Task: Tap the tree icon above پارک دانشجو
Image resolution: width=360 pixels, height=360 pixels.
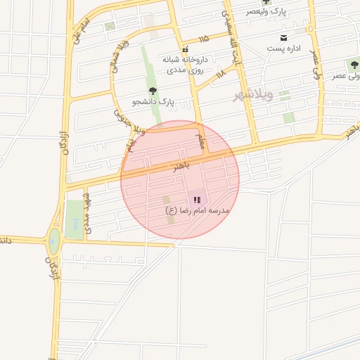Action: [x=153, y=90]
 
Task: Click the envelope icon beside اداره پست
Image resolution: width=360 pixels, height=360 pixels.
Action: [x=283, y=37]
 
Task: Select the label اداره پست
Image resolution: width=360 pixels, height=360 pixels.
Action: [x=284, y=48]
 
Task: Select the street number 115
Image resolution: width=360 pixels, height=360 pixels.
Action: [x=204, y=39]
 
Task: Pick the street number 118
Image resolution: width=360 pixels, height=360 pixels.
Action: [x=221, y=72]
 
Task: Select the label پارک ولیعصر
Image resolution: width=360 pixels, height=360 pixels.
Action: [x=266, y=12]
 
